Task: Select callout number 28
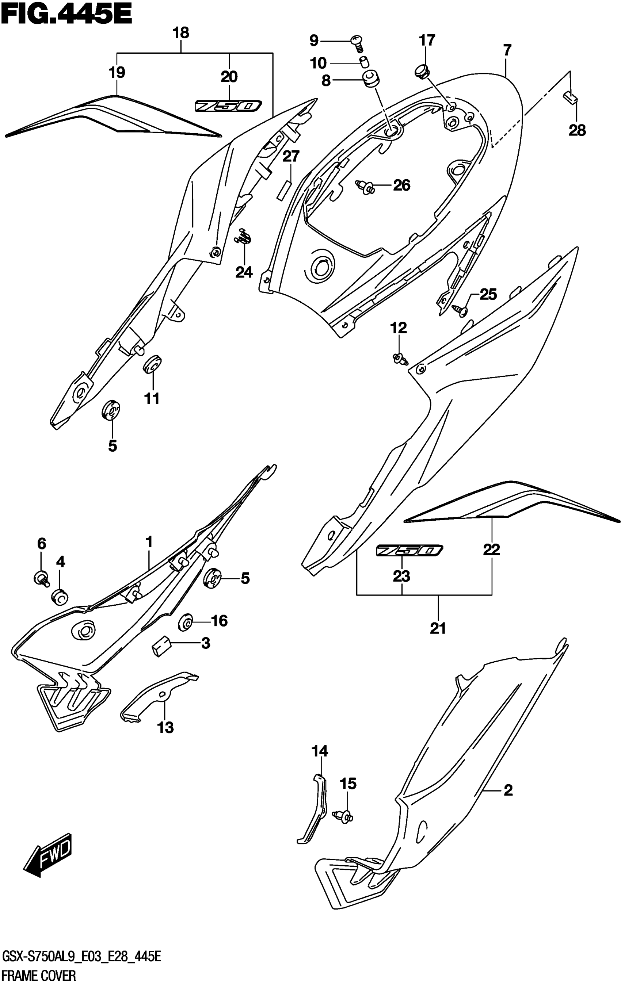click(577, 130)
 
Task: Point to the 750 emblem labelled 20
click(228, 106)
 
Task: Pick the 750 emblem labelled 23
click(409, 550)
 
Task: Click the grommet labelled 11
click(152, 364)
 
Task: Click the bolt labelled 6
click(42, 578)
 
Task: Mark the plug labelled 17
click(422, 71)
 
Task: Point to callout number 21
click(438, 628)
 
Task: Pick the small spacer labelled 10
click(363, 62)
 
